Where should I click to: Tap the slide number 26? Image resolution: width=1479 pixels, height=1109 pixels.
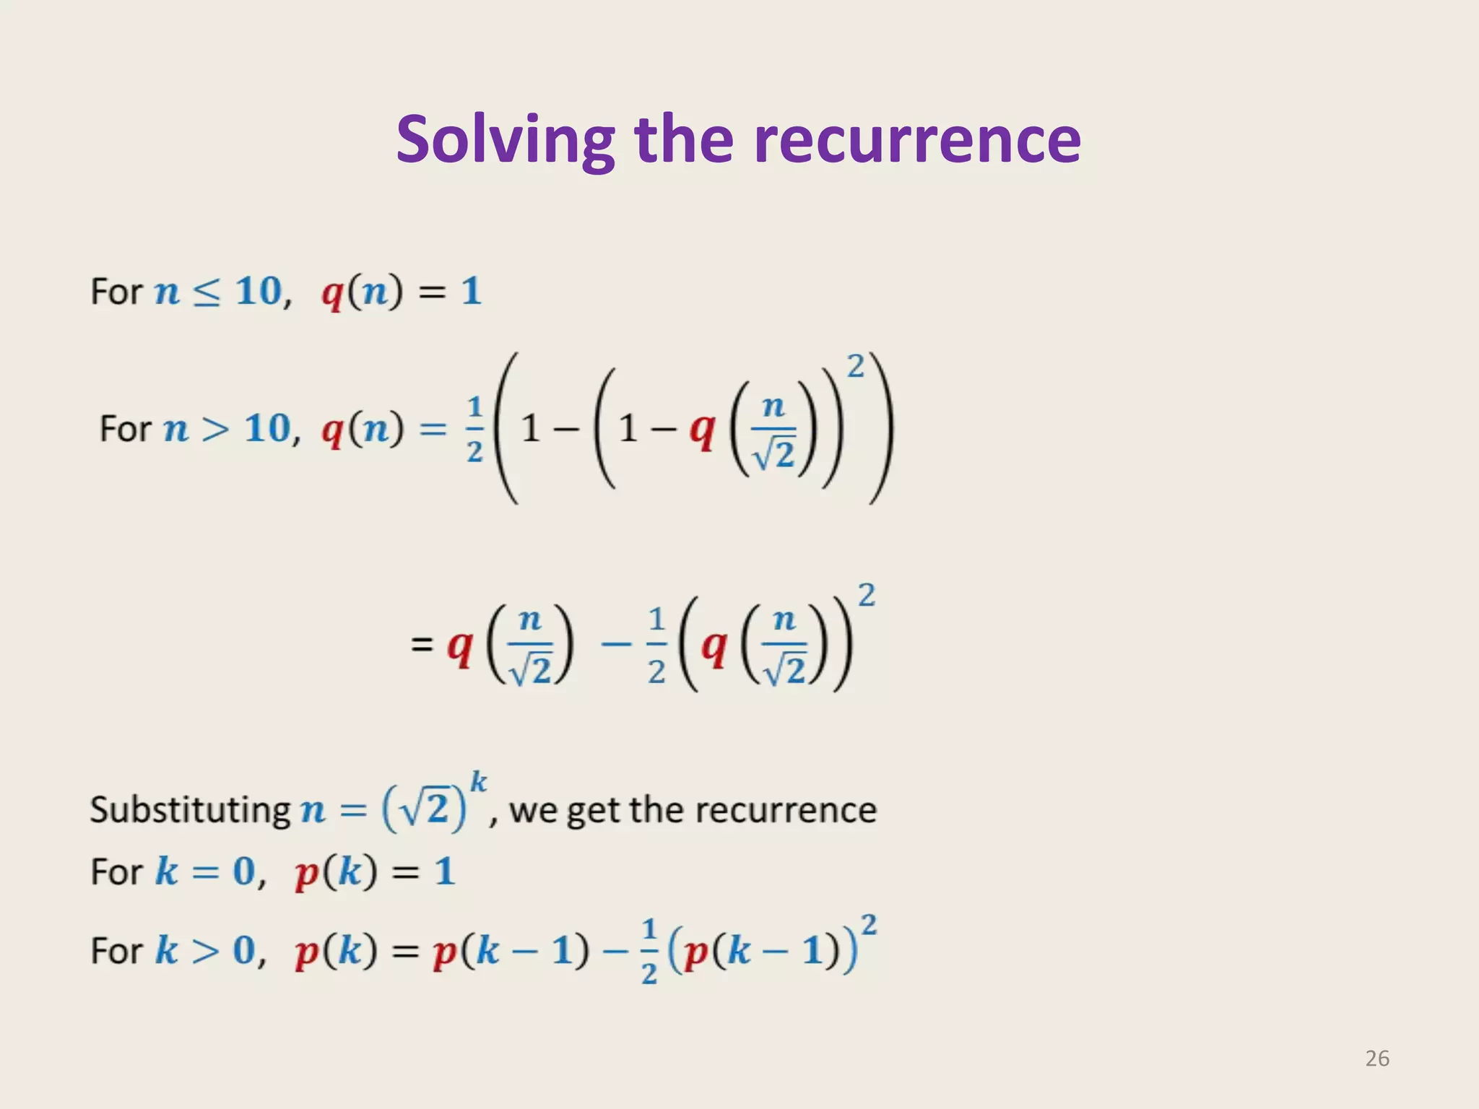click(1376, 1058)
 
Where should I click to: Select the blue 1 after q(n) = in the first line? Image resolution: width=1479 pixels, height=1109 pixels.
click(471, 292)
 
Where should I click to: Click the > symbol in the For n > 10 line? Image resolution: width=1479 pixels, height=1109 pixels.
click(215, 430)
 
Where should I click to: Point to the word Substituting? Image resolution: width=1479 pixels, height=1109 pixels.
click(190, 809)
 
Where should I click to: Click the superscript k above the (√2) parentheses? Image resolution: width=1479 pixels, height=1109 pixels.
click(478, 782)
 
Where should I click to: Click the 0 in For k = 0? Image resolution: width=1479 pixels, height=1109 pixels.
click(244, 871)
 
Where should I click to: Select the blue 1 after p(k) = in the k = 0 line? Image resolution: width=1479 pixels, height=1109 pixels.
click(444, 871)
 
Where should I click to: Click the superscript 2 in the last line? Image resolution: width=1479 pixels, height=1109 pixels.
click(869, 924)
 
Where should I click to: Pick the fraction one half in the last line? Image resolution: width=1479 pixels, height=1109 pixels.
click(649, 950)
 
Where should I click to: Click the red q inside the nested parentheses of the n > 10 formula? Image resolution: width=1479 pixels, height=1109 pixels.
click(701, 431)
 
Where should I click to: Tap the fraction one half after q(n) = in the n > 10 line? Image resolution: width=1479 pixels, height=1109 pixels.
click(474, 430)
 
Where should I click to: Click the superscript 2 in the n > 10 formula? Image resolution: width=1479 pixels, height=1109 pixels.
click(855, 367)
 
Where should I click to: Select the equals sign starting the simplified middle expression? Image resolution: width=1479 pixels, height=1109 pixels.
click(422, 643)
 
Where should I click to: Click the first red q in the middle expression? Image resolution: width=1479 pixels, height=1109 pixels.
click(459, 645)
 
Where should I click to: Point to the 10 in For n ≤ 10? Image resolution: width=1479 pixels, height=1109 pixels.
click(259, 292)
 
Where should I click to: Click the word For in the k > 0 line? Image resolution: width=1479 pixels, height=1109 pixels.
click(116, 950)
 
